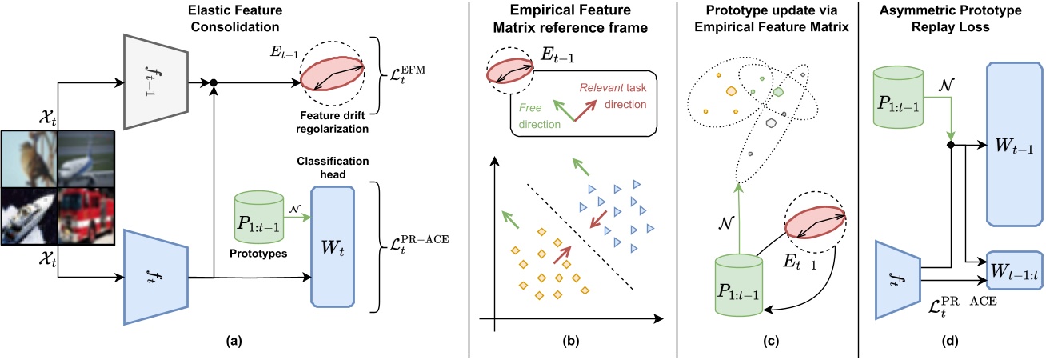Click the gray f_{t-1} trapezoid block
[155, 81]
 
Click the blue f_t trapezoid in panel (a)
[155, 278]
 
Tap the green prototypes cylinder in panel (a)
[258, 217]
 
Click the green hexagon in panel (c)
[777, 92]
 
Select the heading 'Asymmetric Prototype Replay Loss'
[953, 18]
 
